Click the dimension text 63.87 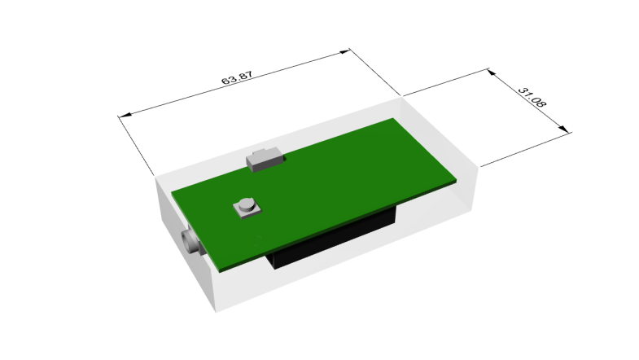[237, 77]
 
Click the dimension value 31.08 [532, 98]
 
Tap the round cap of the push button [246, 204]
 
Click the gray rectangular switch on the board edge [265, 160]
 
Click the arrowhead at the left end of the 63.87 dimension [125, 115]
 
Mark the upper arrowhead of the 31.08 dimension [492, 72]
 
